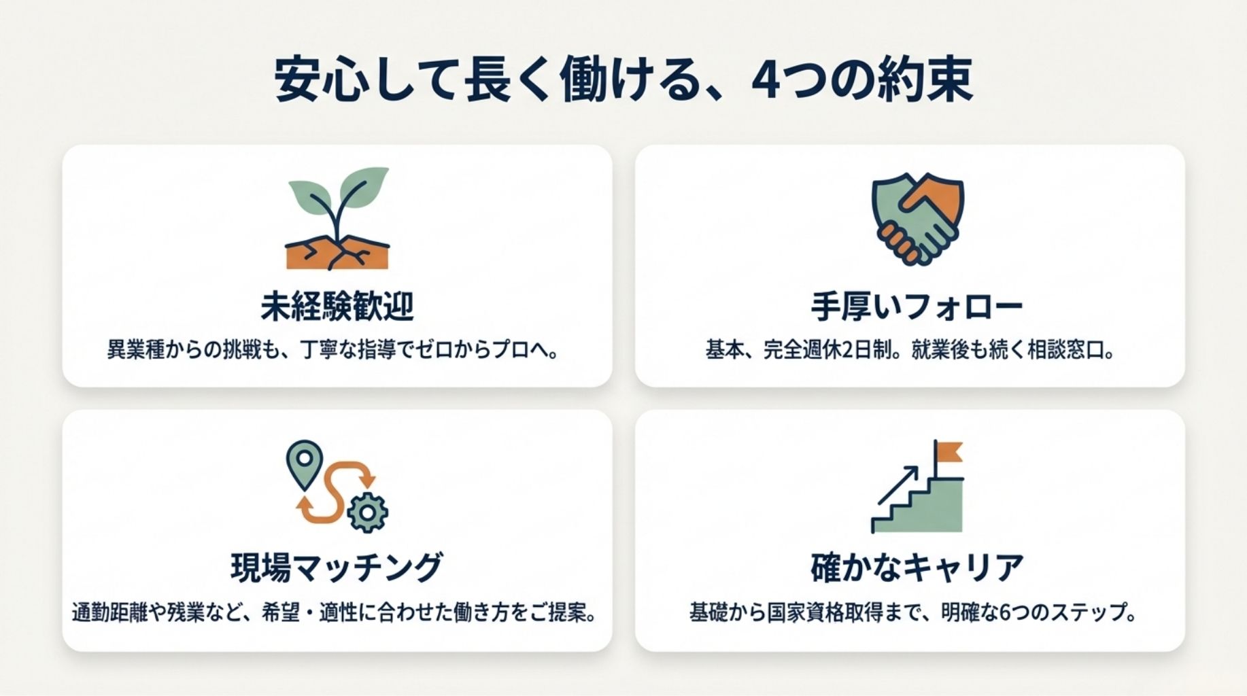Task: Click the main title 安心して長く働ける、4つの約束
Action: [623, 80]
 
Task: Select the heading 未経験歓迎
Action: [337, 307]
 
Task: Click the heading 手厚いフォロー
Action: [917, 307]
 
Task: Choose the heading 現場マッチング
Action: [337, 567]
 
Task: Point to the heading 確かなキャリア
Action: [917, 567]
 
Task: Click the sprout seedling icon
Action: [338, 217]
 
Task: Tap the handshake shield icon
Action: [918, 217]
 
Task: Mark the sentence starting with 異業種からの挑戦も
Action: [333, 351]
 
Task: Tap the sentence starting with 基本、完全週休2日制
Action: [910, 351]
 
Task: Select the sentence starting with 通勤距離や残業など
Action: [335, 612]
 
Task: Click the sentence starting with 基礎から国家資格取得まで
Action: [913, 612]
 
